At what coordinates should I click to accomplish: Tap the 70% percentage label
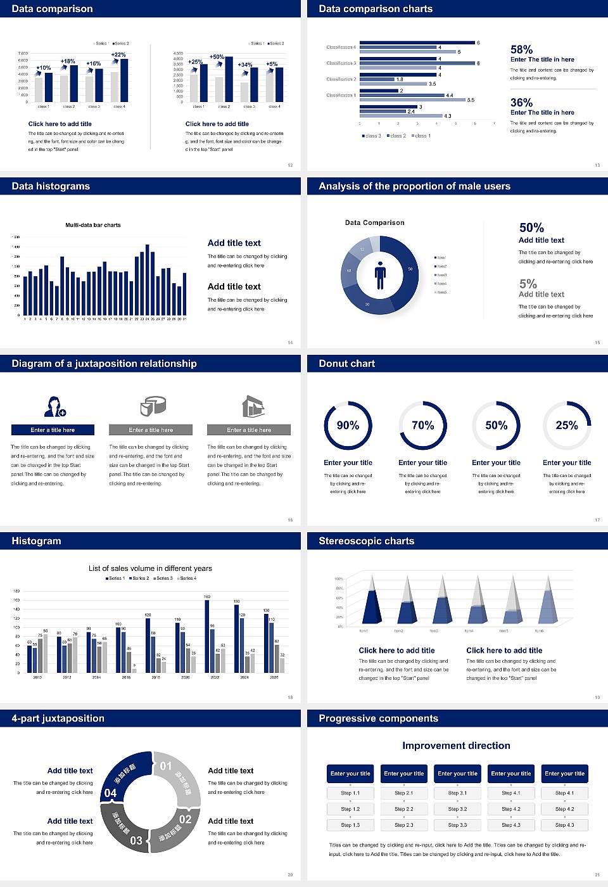(x=422, y=426)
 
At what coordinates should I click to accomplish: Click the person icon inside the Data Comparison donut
(x=380, y=275)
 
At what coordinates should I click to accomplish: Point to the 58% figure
(x=521, y=49)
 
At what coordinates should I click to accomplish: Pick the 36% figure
(x=521, y=103)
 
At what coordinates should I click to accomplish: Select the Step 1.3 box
(x=350, y=825)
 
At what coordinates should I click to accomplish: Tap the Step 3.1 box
(x=457, y=793)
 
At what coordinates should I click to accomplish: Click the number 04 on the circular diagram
(x=111, y=793)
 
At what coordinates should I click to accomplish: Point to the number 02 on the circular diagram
(x=185, y=819)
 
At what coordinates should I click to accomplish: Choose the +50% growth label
(x=217, y=56)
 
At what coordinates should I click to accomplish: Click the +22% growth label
(x=118, y=54)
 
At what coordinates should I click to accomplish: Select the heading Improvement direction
(x=456, y=746)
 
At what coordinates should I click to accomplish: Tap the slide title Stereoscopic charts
(x=366, y=541)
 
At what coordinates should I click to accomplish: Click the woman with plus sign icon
(x=55, y=406)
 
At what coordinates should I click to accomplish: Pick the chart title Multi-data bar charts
(x=93, y=225)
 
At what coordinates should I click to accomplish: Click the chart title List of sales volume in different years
(x=150, y=568)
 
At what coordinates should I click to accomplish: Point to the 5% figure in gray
(x=528, y=284)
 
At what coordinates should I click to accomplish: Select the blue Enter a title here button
(x=53, y=430)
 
